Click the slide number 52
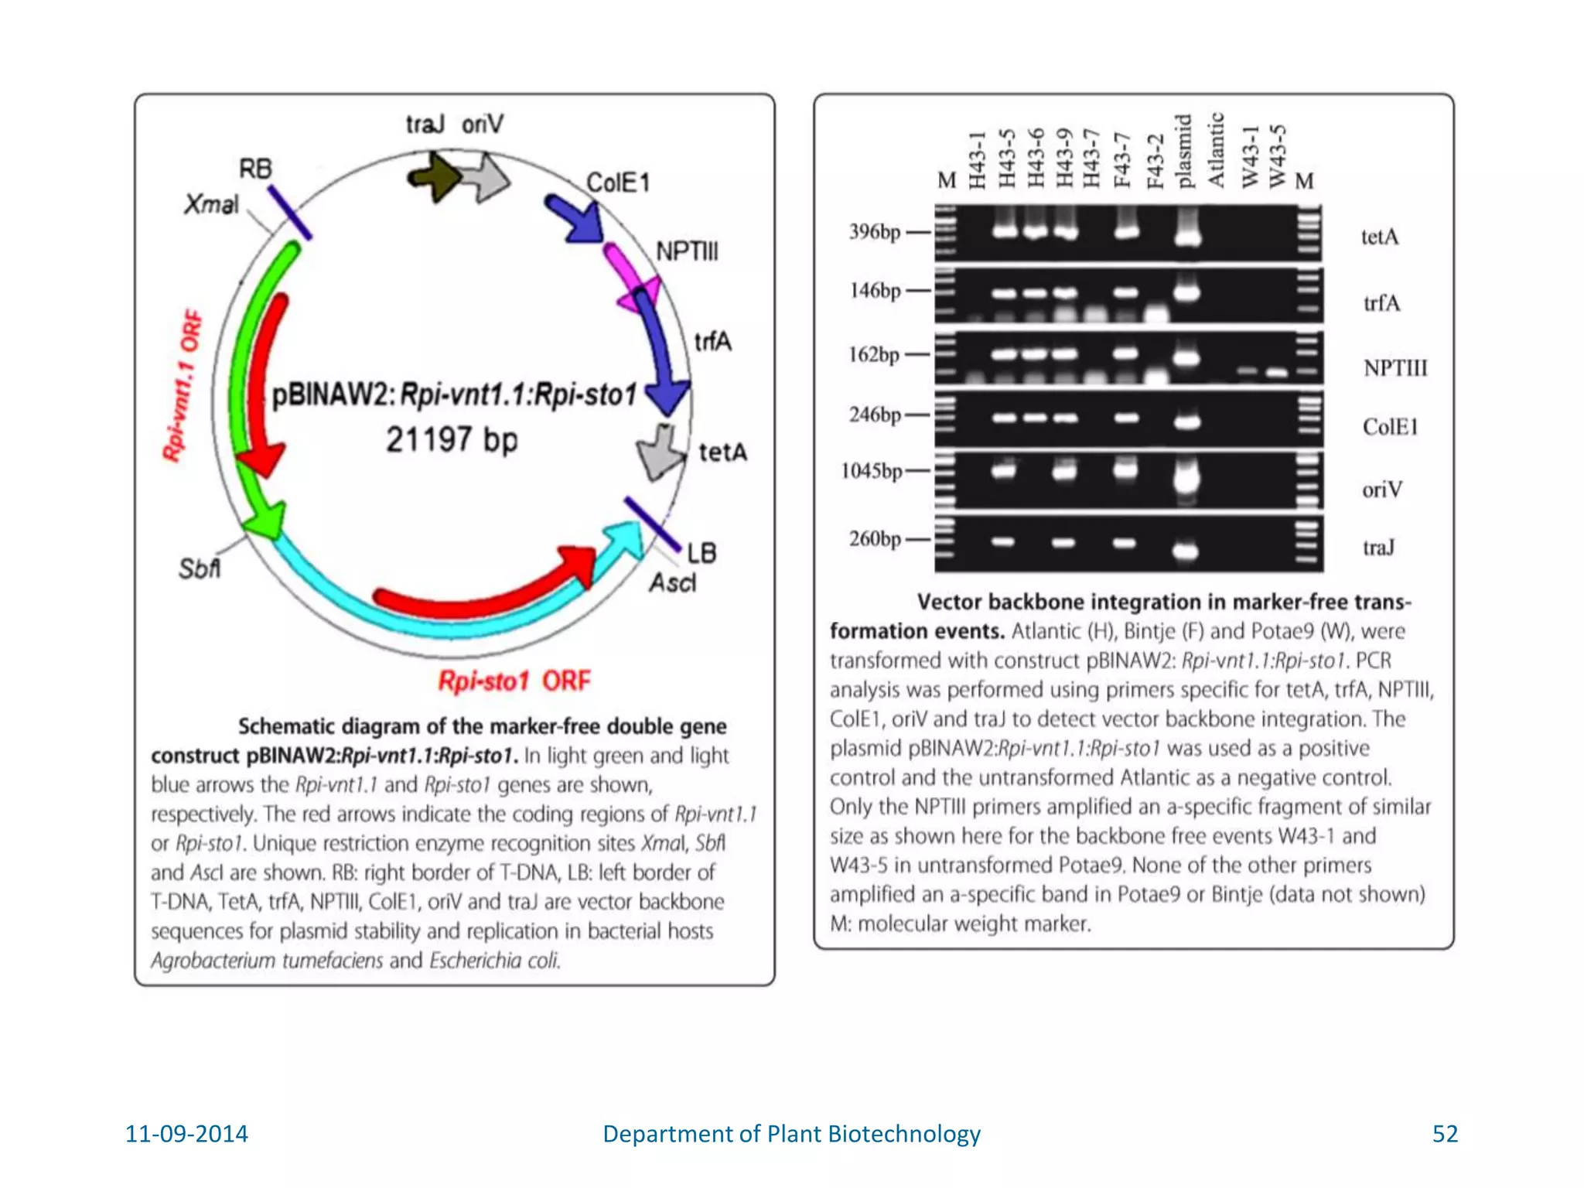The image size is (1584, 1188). point(1444,1133)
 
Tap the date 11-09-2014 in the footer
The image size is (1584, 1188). point(186,1133)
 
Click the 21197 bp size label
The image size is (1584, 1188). point(452,439)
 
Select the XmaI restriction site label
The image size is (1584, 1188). point(211,204)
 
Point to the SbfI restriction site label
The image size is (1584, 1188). point(199,568)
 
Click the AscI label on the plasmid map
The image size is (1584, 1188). point(672,582)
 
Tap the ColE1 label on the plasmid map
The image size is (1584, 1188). point(617,183)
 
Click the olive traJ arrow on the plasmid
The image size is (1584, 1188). point(434,177)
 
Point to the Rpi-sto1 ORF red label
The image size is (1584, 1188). point(514,681)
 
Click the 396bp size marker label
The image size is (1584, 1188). point(875,231)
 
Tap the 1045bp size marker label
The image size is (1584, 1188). point(872,470)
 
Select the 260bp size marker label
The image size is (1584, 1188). point(875,538)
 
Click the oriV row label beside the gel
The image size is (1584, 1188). point(1381,489)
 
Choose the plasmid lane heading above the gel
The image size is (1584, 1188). point(1184,152)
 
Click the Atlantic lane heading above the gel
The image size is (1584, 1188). point(1217,150)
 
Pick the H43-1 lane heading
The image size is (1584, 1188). point(977,159)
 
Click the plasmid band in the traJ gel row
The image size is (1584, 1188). point(1185,550)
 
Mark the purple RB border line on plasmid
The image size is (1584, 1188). point(289,213)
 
